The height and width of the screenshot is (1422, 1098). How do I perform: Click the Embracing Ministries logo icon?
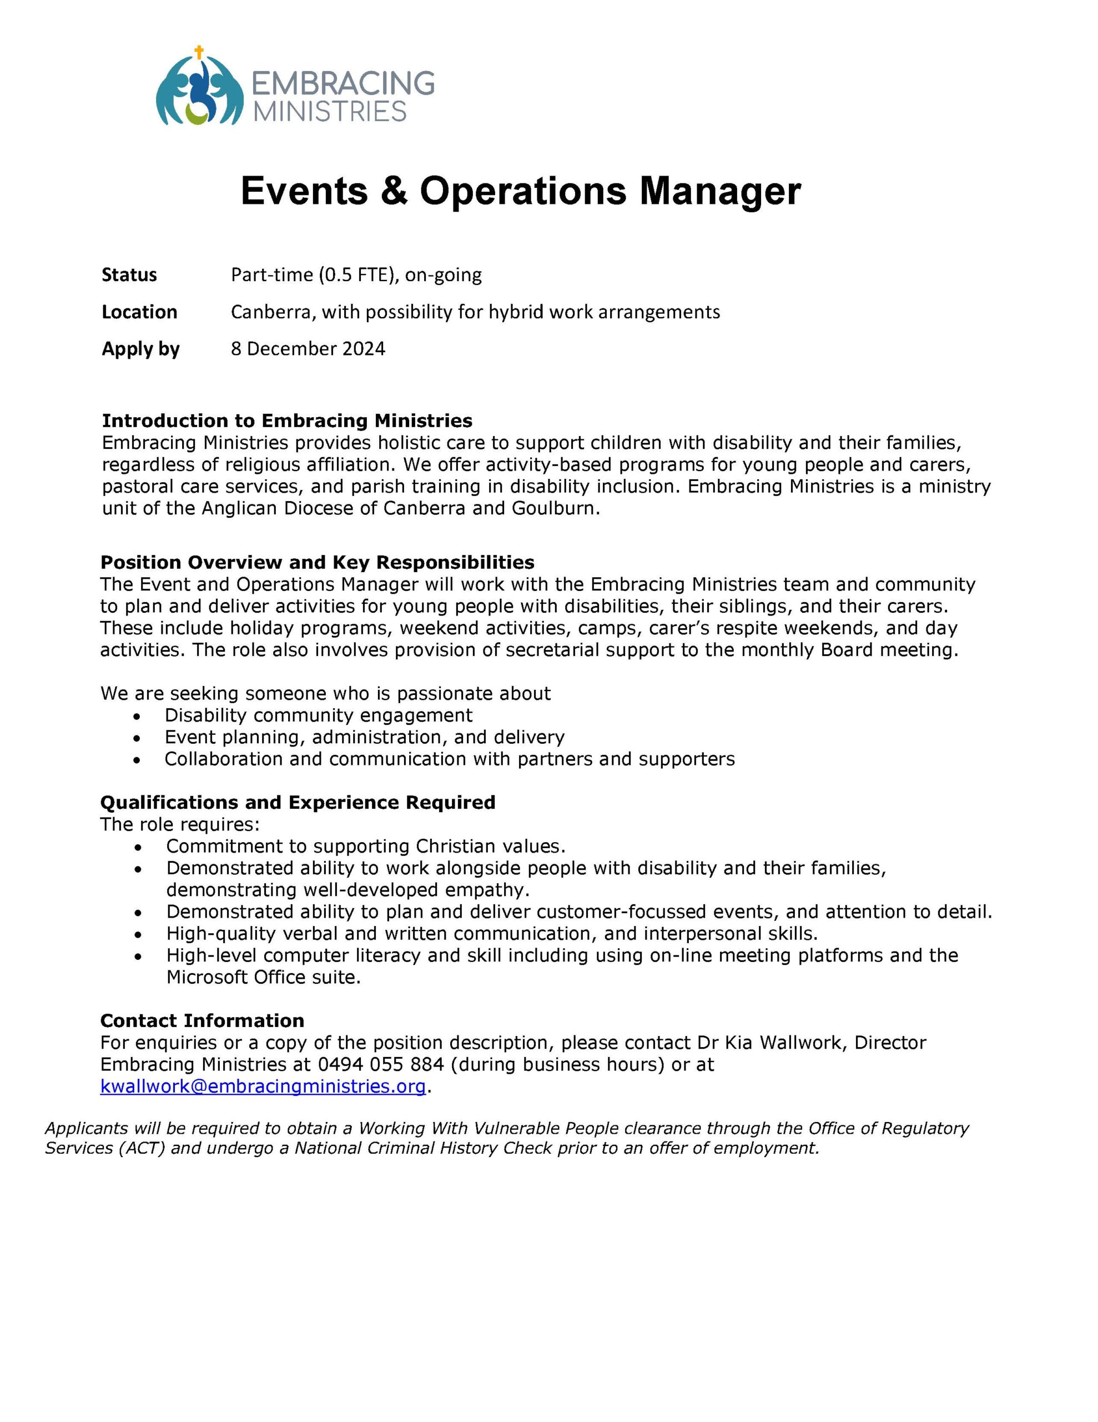(199, 88)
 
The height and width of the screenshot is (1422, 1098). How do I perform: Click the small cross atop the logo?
(199, 52)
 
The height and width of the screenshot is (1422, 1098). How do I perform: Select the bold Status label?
(129, 275)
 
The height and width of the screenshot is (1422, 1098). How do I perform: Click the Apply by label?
(140, 349)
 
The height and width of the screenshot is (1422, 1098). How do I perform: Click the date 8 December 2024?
(308, 349)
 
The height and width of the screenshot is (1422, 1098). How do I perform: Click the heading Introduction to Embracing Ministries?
(287, 420)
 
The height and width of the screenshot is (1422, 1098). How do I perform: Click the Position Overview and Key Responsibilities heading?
(317, 562)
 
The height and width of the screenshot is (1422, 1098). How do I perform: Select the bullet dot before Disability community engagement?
(136, 716)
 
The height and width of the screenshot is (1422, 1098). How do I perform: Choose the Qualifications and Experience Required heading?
(298, 802)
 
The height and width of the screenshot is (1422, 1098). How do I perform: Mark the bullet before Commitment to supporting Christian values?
(137, 847)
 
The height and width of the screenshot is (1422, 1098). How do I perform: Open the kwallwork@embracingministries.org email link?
(263, 1086)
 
